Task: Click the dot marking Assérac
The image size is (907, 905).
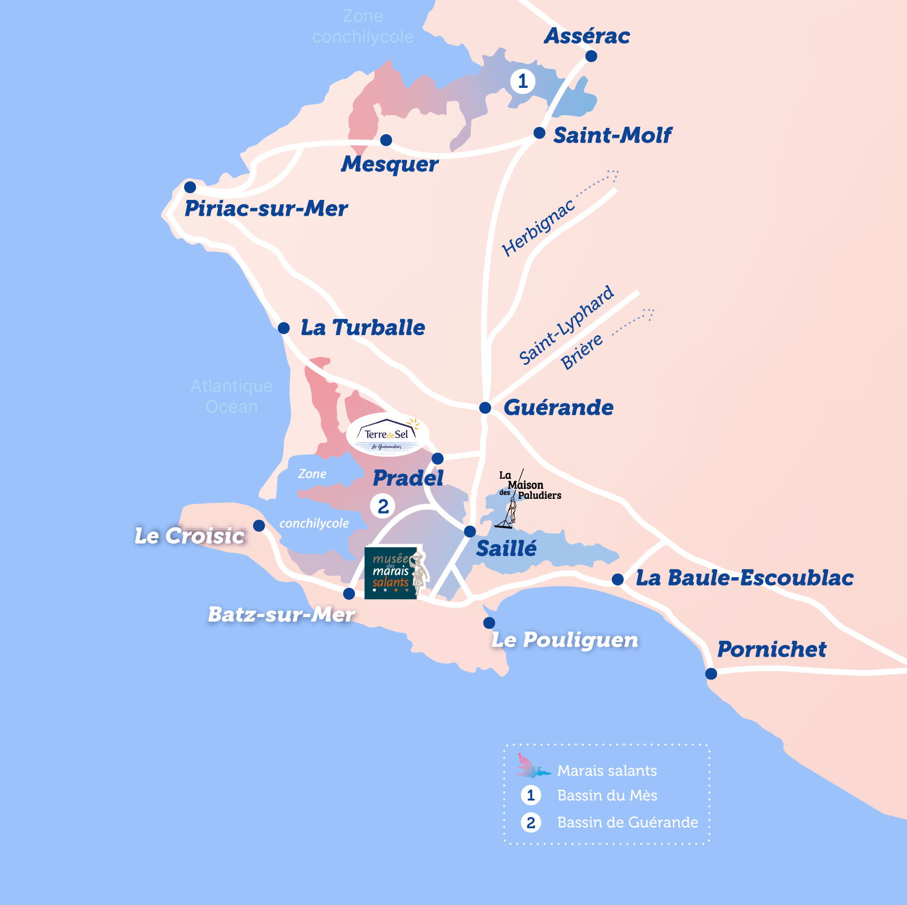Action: click(591, 56)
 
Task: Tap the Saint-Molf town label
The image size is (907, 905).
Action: click(612, 135)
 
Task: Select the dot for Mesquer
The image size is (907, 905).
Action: click(386, 140)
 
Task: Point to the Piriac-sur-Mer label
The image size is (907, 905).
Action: click(266, 208)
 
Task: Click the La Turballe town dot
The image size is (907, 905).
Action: click(284, 328)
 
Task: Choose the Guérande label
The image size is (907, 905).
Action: click(558, 407)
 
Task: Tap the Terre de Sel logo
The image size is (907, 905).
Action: click(388, 435)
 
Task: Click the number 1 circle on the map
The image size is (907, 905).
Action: click(522, 82)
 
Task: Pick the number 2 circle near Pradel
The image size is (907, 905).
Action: click(383, 506)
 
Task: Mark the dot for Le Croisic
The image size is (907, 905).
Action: click(259, 526)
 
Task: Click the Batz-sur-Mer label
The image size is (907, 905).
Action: click(281, 614)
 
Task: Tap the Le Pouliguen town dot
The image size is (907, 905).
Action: click(489, 623)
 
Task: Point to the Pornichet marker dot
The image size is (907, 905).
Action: click(711, 673)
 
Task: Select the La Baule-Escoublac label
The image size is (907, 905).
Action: click(744, 578)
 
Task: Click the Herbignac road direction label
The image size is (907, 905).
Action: click(538, 228)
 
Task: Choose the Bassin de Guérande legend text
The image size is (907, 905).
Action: click(628, 822)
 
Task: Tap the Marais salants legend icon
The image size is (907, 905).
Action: click(532, 766)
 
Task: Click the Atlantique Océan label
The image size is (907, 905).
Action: click(231, 396)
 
